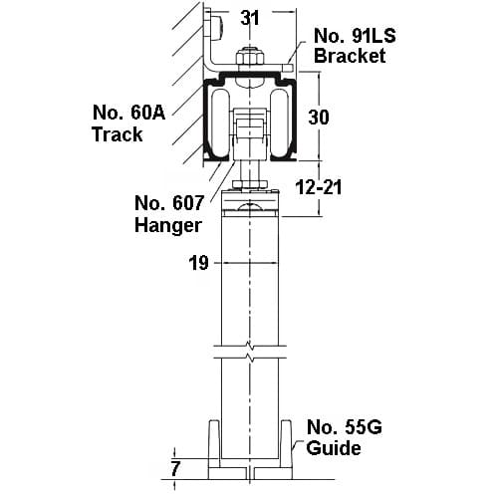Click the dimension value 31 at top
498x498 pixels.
[x=250, y=18]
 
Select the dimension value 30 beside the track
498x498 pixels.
[x=319, y=118]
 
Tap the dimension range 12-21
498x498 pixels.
[x=319, y=187]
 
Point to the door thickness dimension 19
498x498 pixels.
[x=198, y=263]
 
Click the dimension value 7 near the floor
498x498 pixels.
[x=174, y=469]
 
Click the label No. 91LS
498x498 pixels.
[x=355, y=36]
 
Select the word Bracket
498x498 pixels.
[x=350, y=56]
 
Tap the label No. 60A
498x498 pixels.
[x=128, y=113]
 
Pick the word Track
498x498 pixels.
[x=118, y=134]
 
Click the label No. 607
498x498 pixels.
[x=168, y=203]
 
